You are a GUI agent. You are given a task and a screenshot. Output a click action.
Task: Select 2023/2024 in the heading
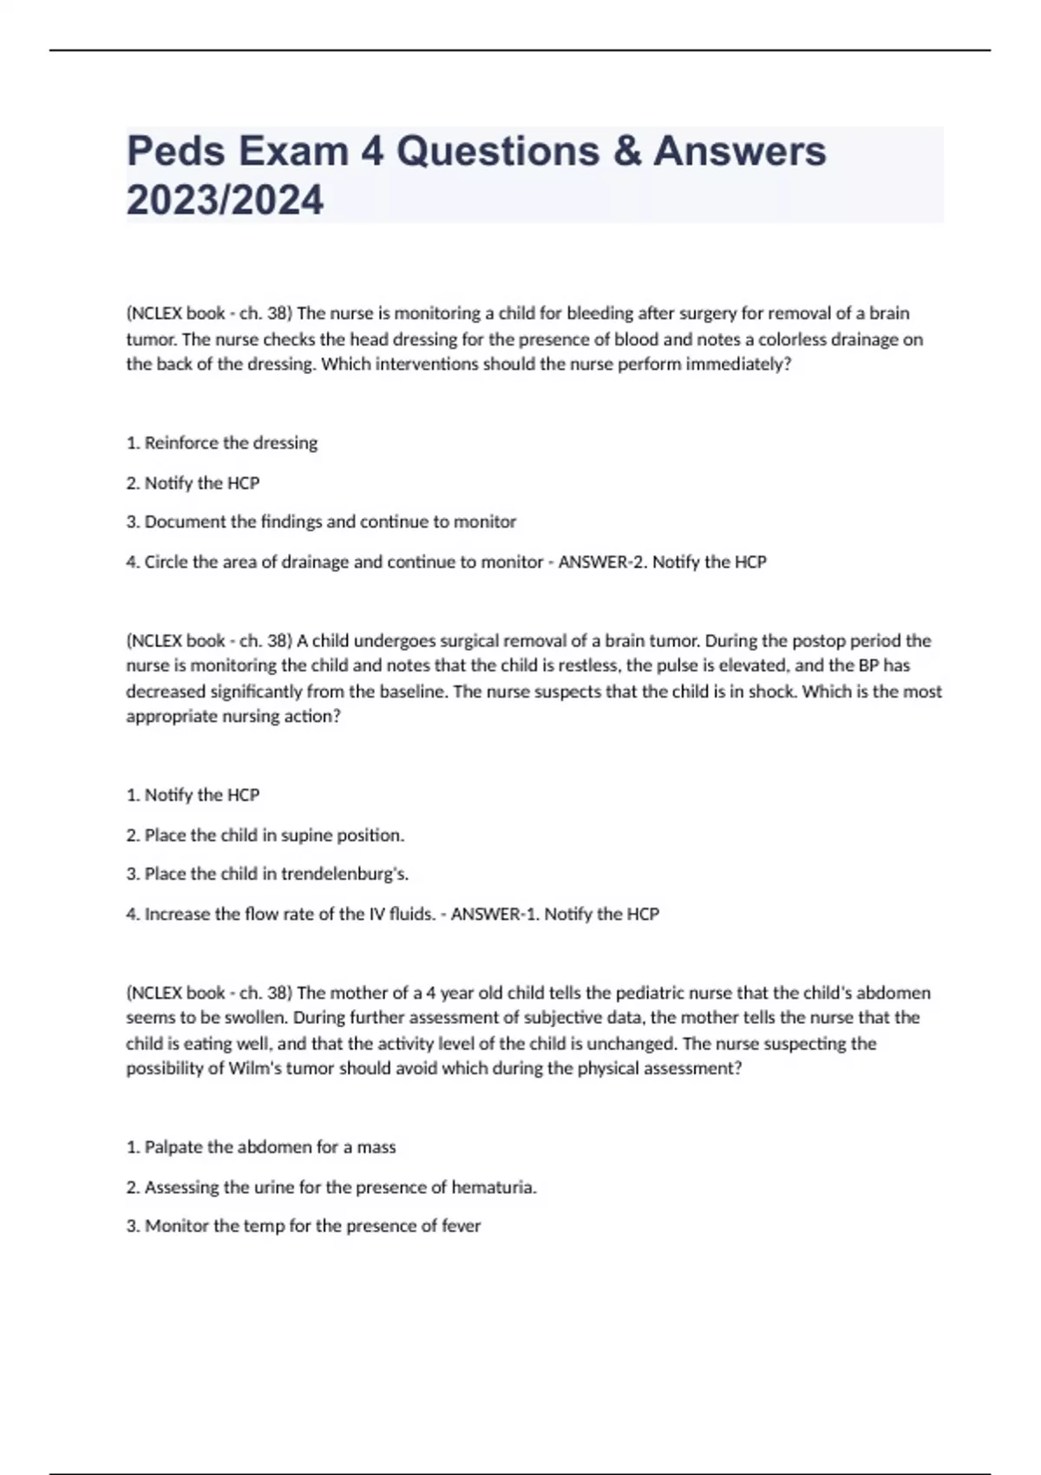(225, 200)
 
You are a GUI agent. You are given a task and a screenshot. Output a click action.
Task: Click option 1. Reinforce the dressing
(222, 442)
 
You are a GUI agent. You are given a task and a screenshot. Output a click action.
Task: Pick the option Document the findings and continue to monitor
(321, 521)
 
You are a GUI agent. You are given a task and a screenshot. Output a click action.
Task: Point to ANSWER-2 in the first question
(601, 561)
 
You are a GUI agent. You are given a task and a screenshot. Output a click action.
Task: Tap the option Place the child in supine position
(265, 835)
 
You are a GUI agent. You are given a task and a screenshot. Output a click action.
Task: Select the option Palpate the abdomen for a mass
(261, 1147)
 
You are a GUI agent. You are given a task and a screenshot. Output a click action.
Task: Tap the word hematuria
(494, 1187)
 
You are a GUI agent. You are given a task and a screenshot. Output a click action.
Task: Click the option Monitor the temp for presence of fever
(304, 1226)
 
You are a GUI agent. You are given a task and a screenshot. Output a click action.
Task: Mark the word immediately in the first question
(738, 364)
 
